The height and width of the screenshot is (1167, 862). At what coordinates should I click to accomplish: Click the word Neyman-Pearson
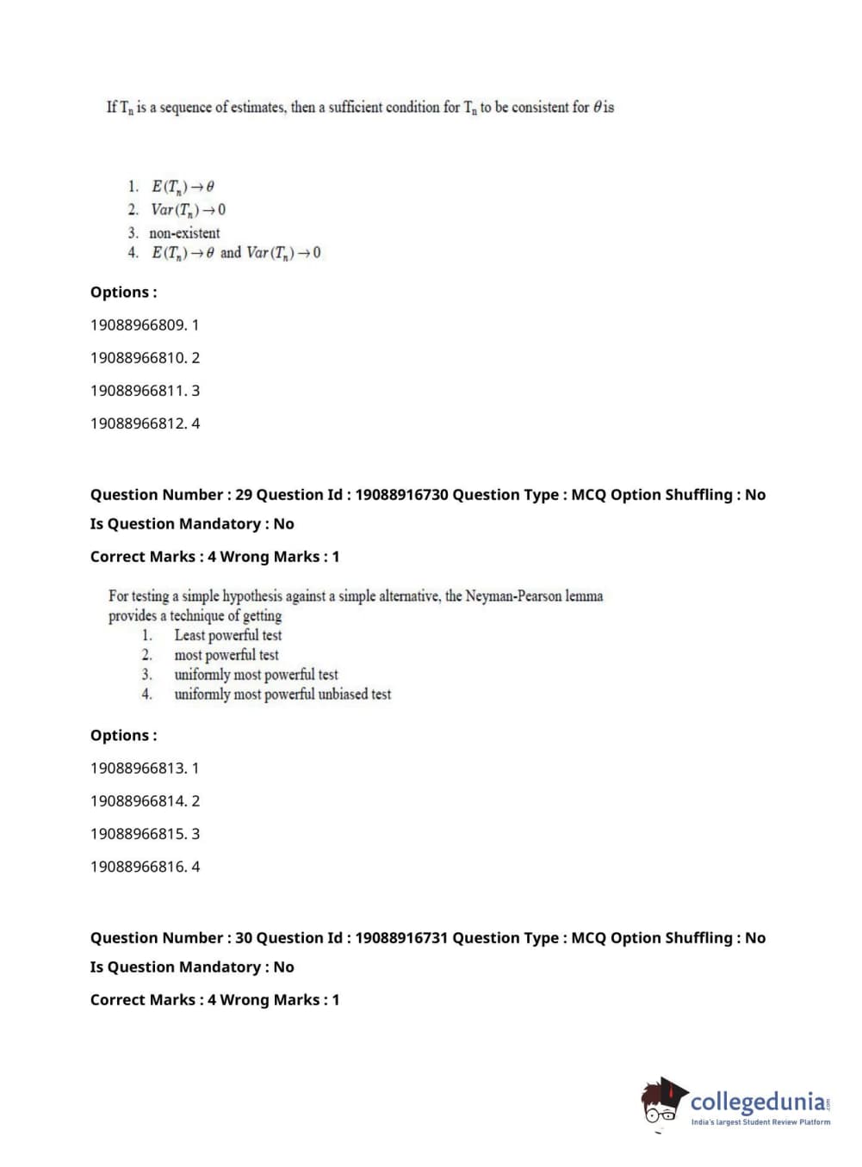tap(513, 596)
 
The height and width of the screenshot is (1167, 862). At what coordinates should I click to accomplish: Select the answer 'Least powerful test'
tap(227, 635)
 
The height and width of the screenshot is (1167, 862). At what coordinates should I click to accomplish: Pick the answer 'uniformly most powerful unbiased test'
tap(282, 695)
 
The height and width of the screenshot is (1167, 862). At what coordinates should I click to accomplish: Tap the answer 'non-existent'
tap(184, 232)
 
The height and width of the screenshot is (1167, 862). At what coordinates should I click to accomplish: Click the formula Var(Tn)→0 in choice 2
tap(189, 209)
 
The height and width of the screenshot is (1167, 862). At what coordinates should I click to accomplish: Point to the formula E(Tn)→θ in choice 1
tap(183, 186)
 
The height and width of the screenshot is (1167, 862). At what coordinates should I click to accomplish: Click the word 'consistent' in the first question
tap(540, 108)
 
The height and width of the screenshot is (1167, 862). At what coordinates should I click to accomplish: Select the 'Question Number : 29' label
tap(171, 495)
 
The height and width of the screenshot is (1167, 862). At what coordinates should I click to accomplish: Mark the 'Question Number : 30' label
tap(171, 938)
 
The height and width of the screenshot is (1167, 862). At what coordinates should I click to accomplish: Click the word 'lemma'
tap(584, 596)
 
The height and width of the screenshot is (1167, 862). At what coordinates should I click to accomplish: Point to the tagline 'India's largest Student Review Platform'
tap(760, 1122)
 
